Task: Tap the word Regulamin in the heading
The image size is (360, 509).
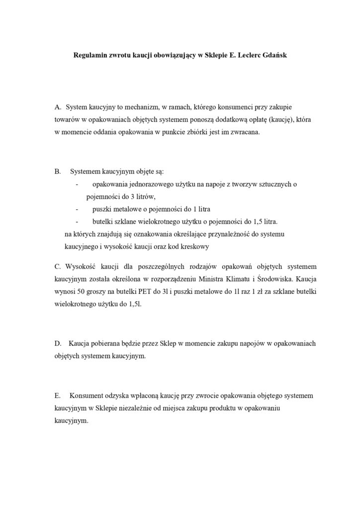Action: pos(90,56)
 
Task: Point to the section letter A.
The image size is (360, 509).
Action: pos(58,107)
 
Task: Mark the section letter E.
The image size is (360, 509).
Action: pos(57,396)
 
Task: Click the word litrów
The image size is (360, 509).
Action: pos(124,197)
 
